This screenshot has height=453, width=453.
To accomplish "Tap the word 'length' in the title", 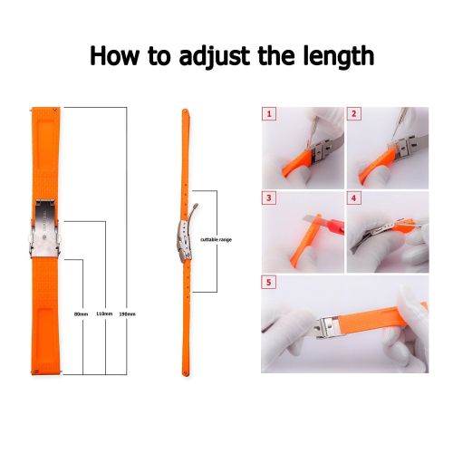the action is tap(339, 56).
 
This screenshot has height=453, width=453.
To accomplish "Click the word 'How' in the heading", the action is tap(115, 56).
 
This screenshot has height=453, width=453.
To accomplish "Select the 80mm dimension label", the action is tap(81, 314).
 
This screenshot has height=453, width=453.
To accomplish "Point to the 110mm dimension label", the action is tap(104, 313).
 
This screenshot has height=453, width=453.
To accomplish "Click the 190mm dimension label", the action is tap(127, 314).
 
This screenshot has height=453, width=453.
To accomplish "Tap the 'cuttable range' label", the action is tap(216, 239).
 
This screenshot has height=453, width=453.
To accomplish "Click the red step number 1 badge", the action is tap(269, 114).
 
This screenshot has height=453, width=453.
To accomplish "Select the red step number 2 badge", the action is tap(354, 114).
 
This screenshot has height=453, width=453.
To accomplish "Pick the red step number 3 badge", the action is tap(269, 198).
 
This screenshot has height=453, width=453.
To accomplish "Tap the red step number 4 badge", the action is tap(353, 198).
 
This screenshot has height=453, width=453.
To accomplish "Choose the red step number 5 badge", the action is tap(269, 283).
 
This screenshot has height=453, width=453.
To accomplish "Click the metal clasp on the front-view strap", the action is tap(45, 228).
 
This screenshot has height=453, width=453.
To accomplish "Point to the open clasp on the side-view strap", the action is tap(186, 238).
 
